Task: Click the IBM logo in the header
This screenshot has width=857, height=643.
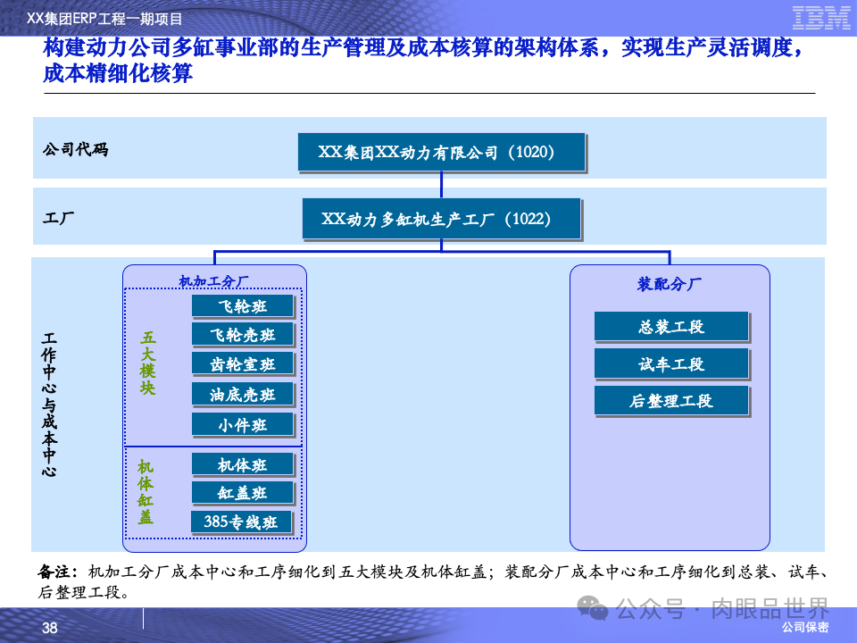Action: (820, 17)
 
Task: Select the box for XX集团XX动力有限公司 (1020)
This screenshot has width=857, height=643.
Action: (442, 152)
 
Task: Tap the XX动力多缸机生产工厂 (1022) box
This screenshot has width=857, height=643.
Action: (441, 218)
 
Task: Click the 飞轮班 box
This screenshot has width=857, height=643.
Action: (243, 306)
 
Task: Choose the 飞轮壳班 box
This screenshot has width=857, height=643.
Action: (243, 335)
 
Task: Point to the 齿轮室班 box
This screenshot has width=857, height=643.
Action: (243, 364)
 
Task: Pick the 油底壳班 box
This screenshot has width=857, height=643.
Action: (243, 394)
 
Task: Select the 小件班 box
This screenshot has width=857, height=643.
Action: (243, 424)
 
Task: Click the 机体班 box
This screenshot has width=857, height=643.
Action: (243, 464)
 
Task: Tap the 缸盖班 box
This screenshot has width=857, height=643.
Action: (243, 493)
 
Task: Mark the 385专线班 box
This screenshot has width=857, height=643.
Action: (242, 522)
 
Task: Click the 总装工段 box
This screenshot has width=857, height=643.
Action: (671, 326)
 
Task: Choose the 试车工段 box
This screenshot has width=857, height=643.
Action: (671, 363)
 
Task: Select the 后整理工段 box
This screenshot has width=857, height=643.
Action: (671, 401)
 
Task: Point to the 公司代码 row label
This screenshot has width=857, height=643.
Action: (75, 150)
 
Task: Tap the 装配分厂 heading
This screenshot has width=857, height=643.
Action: (670, 285)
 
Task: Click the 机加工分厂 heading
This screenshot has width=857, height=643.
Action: (213, 281)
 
